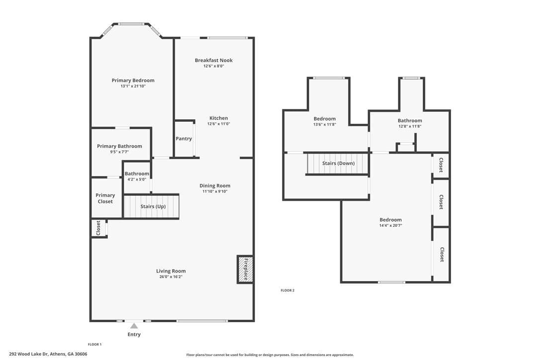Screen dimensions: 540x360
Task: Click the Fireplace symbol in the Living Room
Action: point(245,269)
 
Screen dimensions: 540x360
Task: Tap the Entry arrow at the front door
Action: point(134,326)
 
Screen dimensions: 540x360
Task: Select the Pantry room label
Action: point(183,139)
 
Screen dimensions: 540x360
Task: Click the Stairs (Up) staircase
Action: point(152,206)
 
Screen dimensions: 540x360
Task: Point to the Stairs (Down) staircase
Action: point(338,163)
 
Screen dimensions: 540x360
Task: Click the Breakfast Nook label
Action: point(213,60)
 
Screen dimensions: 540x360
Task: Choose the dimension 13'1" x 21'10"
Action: point(133,86)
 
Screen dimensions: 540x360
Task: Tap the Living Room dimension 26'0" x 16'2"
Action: point(171,276)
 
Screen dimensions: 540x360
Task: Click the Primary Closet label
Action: point(105,198)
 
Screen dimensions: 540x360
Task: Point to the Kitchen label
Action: point(219,118)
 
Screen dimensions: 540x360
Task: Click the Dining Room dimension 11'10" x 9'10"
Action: point(215,191)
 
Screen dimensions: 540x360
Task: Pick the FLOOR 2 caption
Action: point(287,290)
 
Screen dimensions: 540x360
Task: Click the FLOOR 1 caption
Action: point(94,344)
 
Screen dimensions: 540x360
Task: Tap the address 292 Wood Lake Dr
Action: point(29,354)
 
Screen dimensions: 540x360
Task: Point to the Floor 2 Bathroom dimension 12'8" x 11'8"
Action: point(410,126)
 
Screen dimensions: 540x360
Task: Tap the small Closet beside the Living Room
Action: point(98,228)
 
